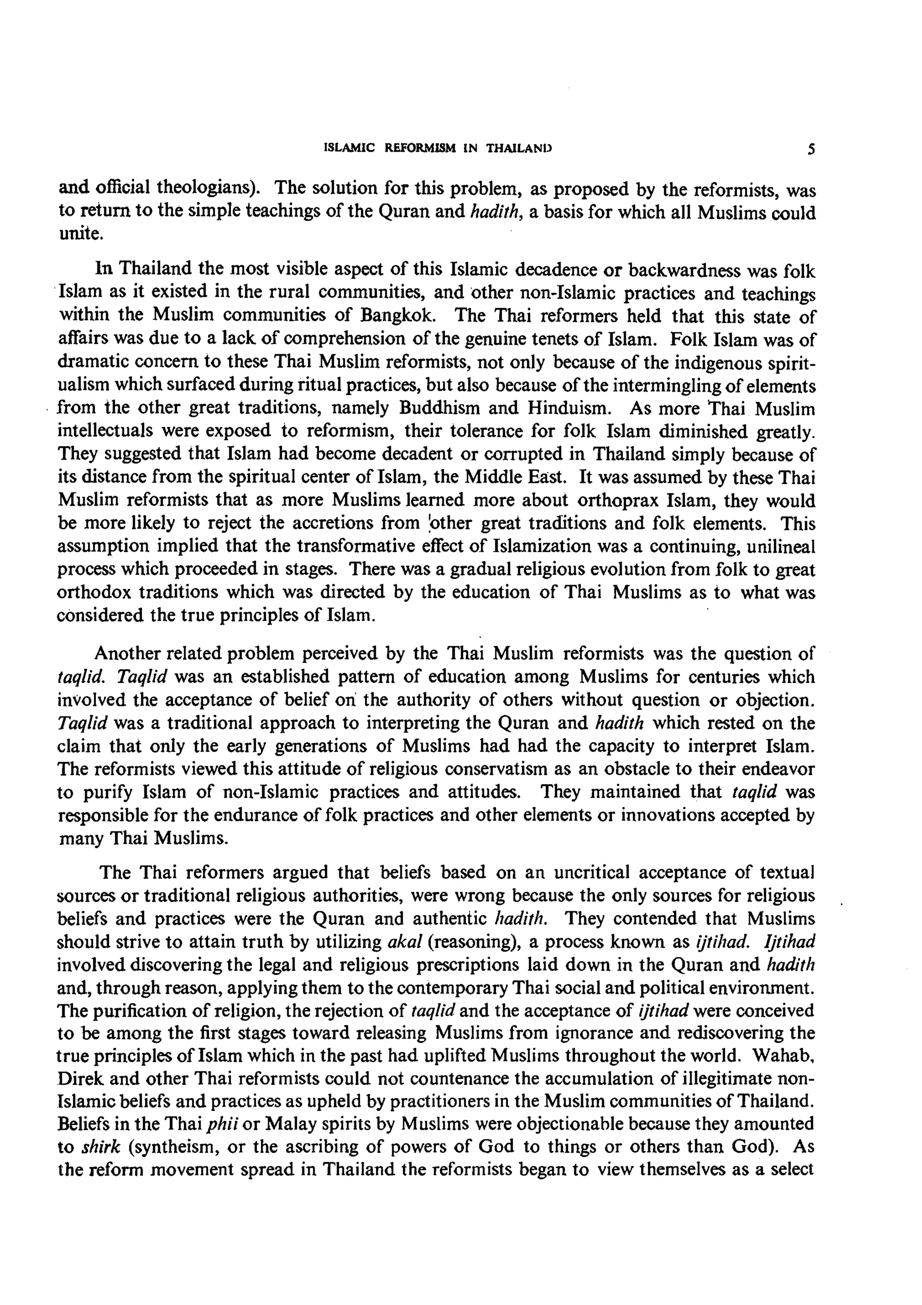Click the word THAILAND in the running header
tap(519, 149)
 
